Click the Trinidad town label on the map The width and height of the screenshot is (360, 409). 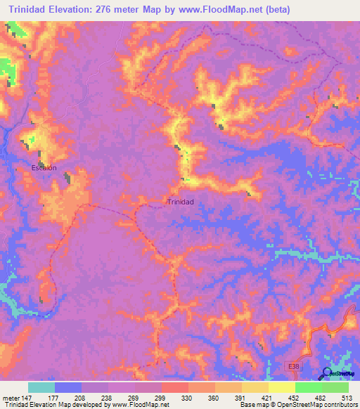pos(180,202)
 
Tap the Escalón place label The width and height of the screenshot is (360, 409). pos(44,168)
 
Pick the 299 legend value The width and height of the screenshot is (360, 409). pos(161,397)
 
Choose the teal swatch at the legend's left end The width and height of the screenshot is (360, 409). pos(41,387)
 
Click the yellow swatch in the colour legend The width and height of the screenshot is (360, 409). pos(281,387)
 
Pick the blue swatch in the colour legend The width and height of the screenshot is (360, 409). pos(68,387)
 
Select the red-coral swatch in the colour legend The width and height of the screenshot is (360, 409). pos(174,387)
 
